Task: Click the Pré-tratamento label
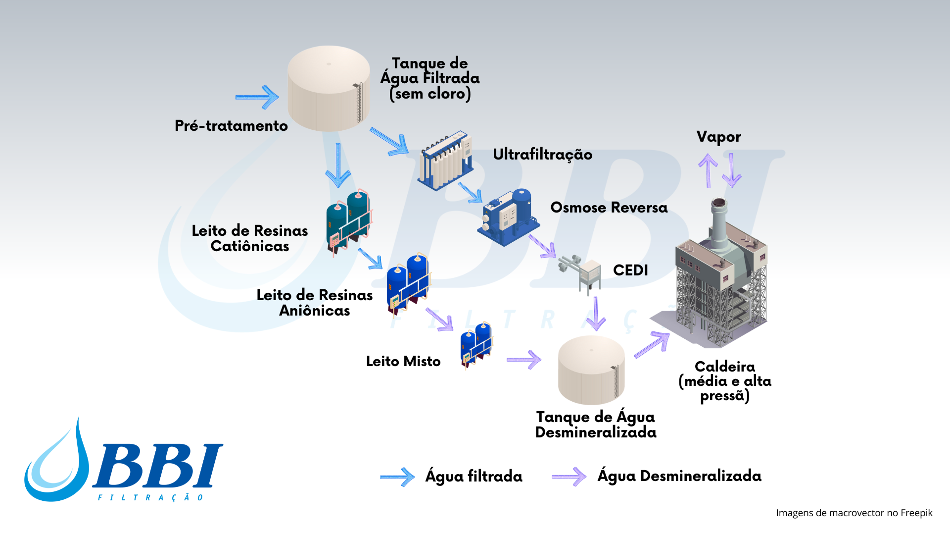click(x=231, y=126)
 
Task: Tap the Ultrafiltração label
click(x=542, y=155)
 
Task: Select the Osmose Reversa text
click(x=609, y=208)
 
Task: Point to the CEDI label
click(x=630, y=270)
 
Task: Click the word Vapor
click(x=718, y=137)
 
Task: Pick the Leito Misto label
click(x=403, y=361)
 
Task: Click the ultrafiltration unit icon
click(x=445, y=160)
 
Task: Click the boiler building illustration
click(x=720, y=277)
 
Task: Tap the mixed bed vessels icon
click(x=476, y=345)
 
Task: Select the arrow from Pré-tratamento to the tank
click(x=257, y=97)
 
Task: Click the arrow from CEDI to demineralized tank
click(x=596, y=314)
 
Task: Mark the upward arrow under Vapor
click(x=708, y=170)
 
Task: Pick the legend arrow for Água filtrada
click(x=397, y=477)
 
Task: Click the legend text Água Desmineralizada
click(x=679, y=476)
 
